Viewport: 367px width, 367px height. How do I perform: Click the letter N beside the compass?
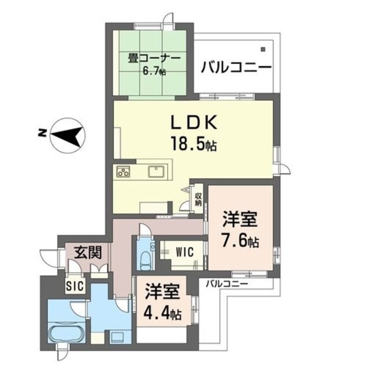click(41, 133)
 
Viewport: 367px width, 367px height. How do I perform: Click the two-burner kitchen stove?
click(123, 171)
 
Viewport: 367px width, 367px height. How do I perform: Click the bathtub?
click(66, 334)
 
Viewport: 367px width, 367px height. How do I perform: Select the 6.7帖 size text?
click(154, 71)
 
